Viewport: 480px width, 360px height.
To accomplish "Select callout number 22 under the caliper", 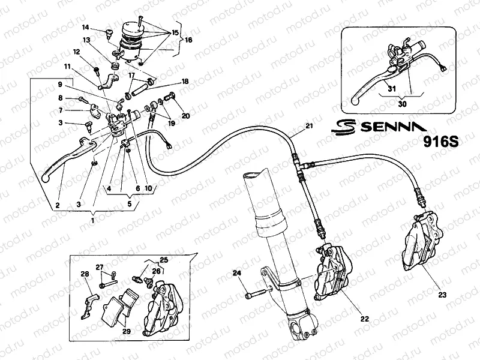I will [x=364, y=319].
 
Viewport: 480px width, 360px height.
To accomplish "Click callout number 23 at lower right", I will [x=443, y=295].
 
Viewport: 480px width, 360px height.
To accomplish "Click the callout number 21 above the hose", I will [x=309, y=126].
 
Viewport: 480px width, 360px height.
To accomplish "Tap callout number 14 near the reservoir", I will [x=86, y=27].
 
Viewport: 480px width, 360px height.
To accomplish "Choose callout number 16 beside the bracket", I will [x=189, y=40].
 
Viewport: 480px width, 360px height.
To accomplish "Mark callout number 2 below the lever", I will [x=58, y=205].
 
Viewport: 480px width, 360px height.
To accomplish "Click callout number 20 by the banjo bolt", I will [x=185, y=115].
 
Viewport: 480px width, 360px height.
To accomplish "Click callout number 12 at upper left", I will [x=77, y=52].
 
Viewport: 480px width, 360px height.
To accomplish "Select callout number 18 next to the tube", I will [x=185, y=80].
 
